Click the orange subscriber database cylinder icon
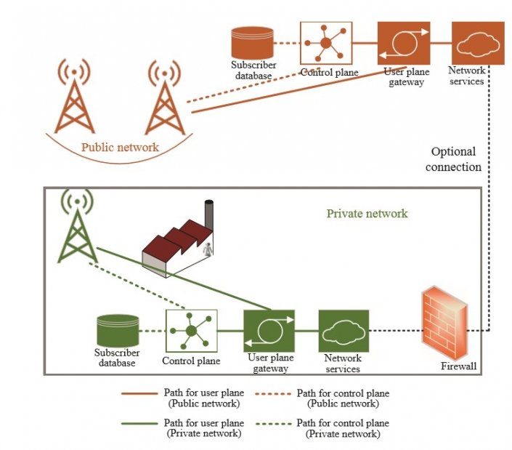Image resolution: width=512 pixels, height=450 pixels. (x=253, y=43)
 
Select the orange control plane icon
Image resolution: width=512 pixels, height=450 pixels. (x=326, y=43)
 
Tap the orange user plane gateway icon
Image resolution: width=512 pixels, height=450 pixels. (x=403, y=43)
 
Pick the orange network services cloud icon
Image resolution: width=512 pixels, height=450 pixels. (x=477, y=43)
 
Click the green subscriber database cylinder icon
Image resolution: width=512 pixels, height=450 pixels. (x=117, y=332)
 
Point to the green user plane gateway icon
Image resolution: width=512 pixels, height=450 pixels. (x=269, y=332)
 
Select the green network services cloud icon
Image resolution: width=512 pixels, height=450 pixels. (x=343, y=332)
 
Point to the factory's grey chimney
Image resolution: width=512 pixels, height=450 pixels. (x=210, y=215)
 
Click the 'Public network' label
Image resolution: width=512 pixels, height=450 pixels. (x=120, y=147)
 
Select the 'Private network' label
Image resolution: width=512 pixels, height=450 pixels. (x=367, y=214)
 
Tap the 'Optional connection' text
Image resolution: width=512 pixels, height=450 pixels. (x=454, y=159)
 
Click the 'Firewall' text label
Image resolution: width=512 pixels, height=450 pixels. (x=459, y=366)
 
